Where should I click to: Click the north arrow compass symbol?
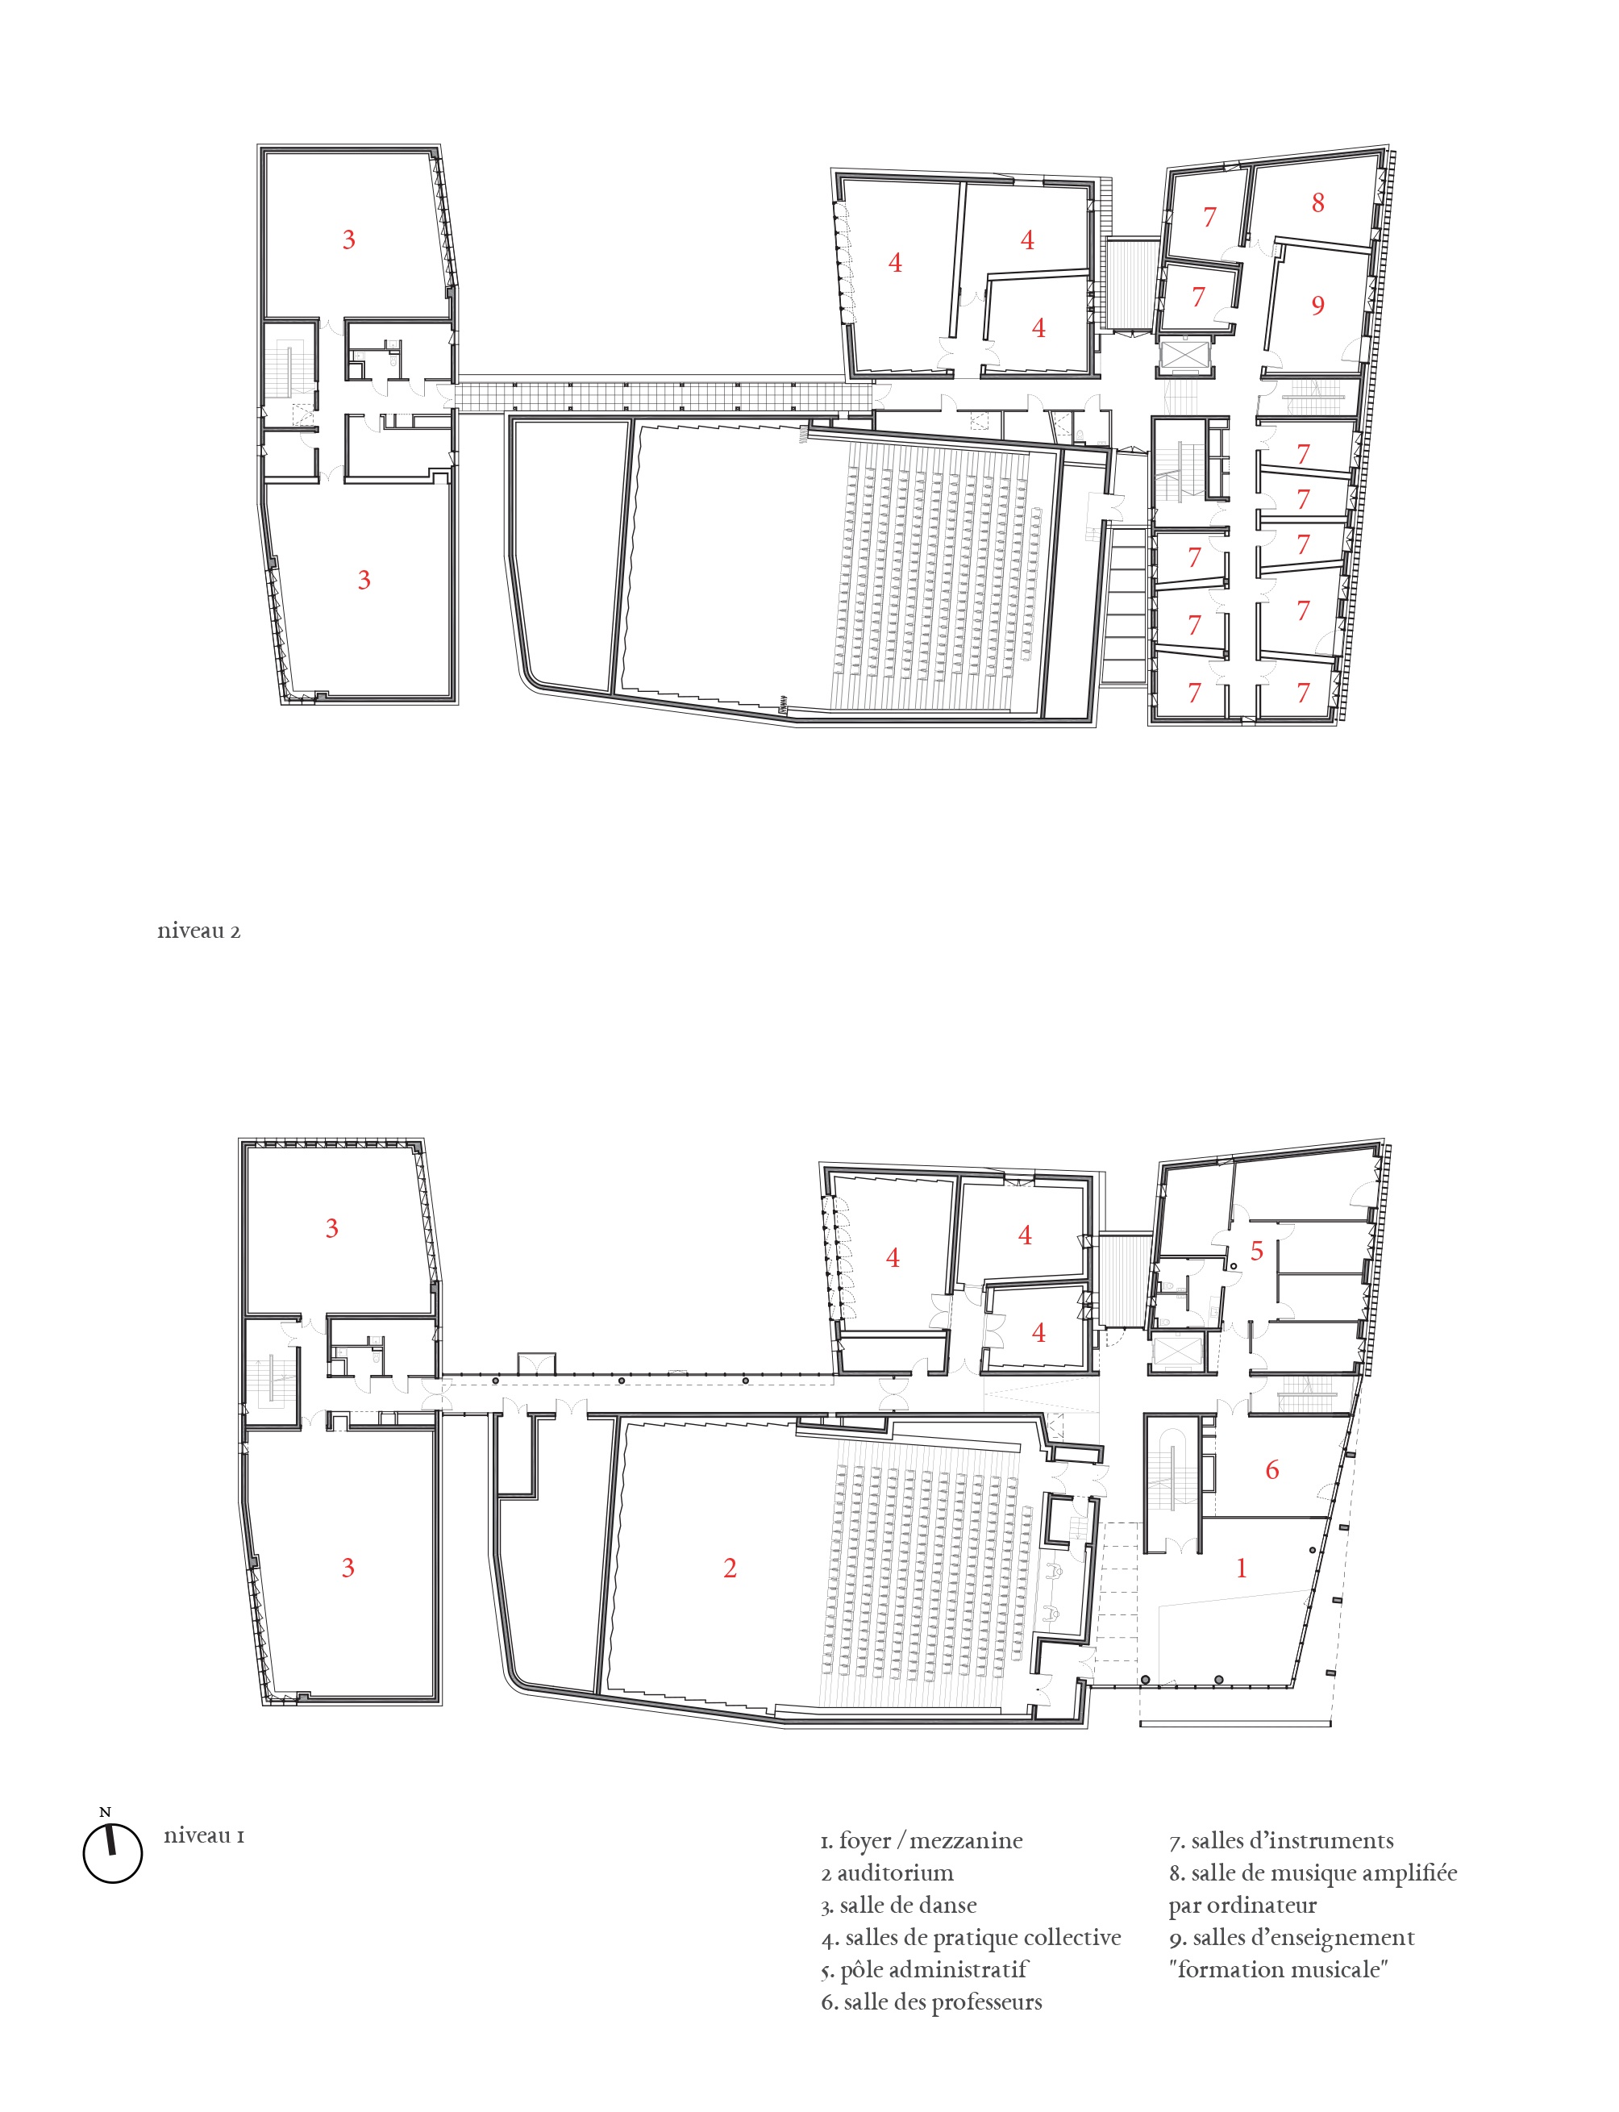point(113,1852)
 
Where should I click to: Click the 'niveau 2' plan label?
point(198,931)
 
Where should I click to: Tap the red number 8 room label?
point(1317,202)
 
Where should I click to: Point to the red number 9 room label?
point(1317,306)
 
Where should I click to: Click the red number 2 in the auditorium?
point(730,1568)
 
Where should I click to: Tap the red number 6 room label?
point(1272,1469)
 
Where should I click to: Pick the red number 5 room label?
point(1257,1252)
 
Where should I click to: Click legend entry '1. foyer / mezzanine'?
point(922,1841)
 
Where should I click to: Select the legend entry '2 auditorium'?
point(888,1873)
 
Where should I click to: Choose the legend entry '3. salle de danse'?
point(899,1906)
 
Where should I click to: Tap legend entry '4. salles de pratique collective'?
point(972,1939)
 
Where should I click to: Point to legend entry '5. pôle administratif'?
point(924,1970)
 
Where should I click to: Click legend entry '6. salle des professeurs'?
point(932,2003)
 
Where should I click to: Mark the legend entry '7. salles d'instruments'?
point(1282,1841)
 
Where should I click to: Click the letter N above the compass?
point(105,1812)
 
